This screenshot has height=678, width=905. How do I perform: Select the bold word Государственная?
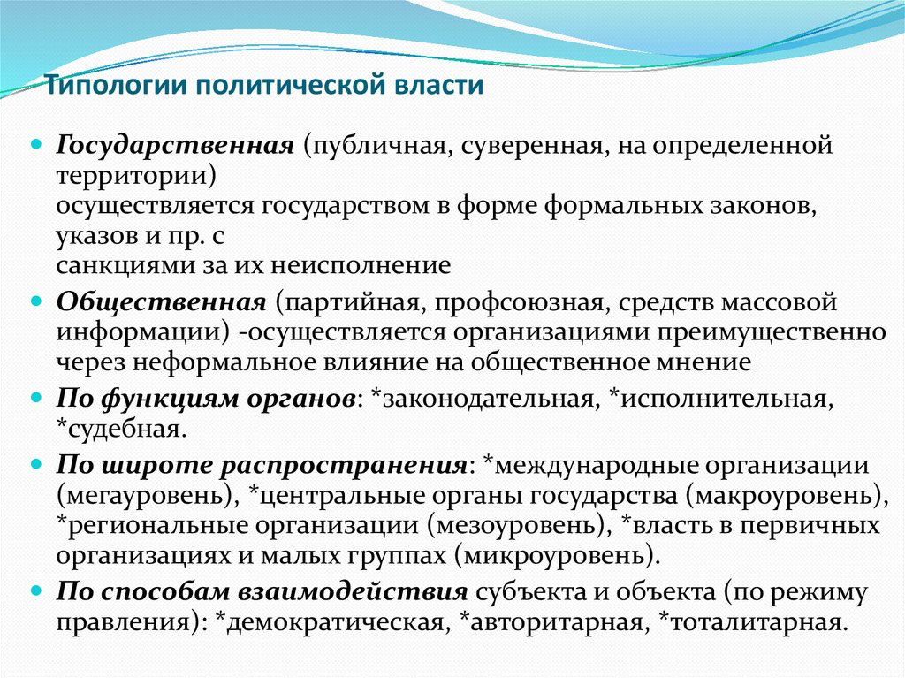pos(175,145)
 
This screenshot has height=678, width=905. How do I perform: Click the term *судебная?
pos(121,430)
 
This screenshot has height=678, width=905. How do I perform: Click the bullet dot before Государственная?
pos(37,143)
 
